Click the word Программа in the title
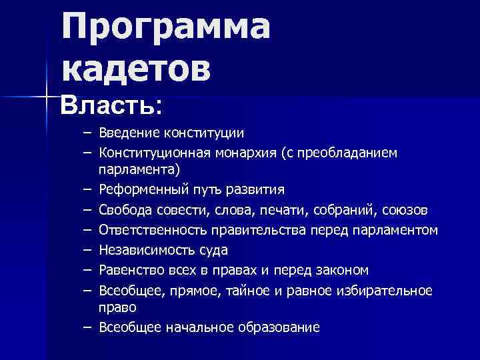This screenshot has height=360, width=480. [166, 29]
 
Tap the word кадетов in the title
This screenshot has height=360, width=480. [137, 69]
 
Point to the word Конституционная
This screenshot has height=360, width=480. [155, 153]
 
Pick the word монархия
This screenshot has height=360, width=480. [245, 153]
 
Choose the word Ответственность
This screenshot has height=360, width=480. [153, 231]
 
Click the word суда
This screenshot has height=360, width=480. [213, 251]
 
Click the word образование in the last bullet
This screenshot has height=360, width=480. [283, 327]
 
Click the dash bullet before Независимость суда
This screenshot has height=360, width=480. [87, 251]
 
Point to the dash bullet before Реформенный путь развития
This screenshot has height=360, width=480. [87, 189]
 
